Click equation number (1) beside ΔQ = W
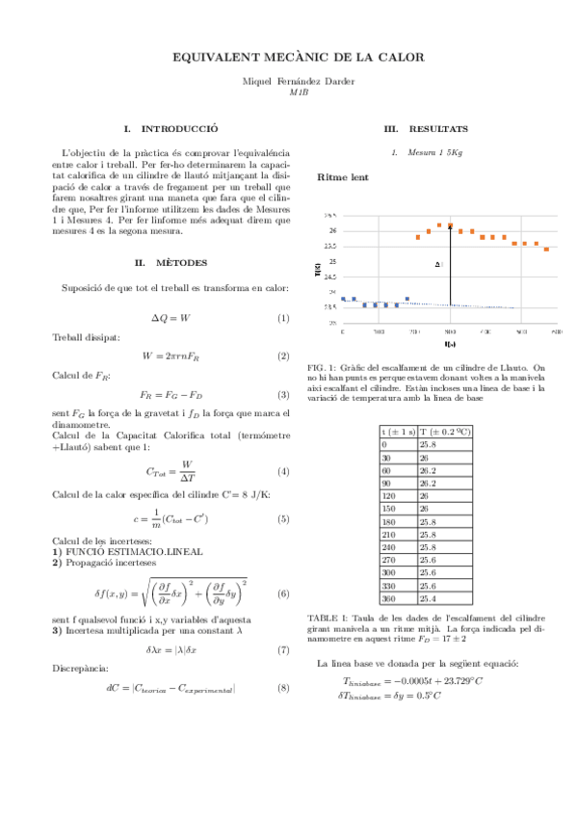(x=283, y=318)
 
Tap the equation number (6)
(x=283, y=593)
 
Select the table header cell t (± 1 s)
(x=398, y=433)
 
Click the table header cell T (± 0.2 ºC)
(x=445, y=433)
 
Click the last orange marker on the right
(x=547, y=250)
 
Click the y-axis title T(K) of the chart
(x=319, y=271)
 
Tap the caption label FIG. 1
(x=320, y=367)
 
